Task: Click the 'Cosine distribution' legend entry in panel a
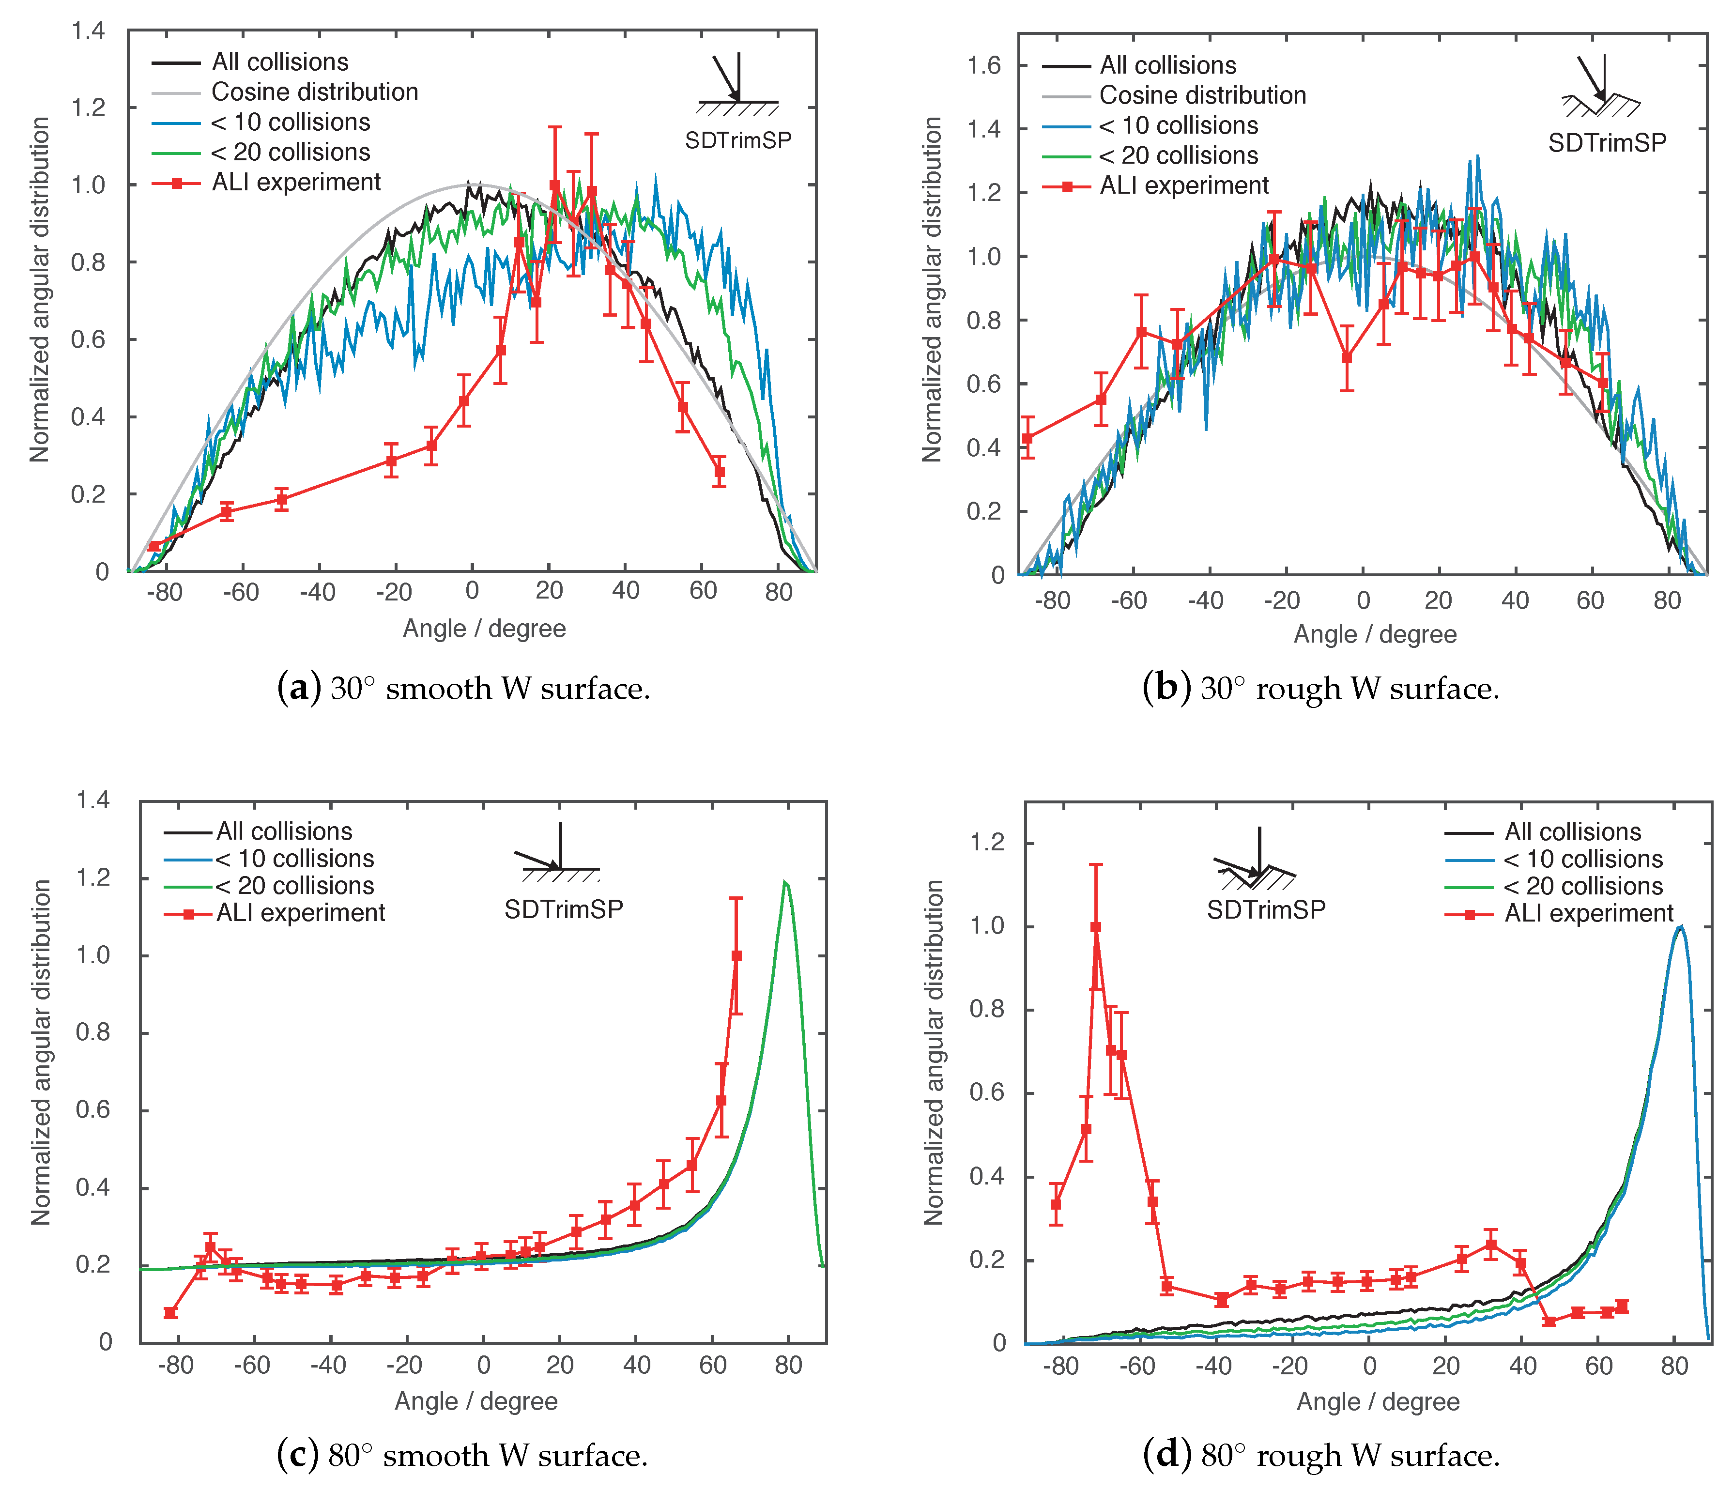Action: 314,92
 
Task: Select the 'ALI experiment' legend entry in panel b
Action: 1183,185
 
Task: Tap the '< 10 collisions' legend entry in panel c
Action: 294,859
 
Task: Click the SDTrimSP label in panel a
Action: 737,140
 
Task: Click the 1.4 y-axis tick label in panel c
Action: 93,800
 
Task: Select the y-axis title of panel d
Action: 934,1052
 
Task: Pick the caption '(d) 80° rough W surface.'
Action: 1321,1456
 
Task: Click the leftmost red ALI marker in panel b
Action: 1028,438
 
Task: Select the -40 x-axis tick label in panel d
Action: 1213,1367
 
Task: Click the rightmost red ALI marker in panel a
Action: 719,472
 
